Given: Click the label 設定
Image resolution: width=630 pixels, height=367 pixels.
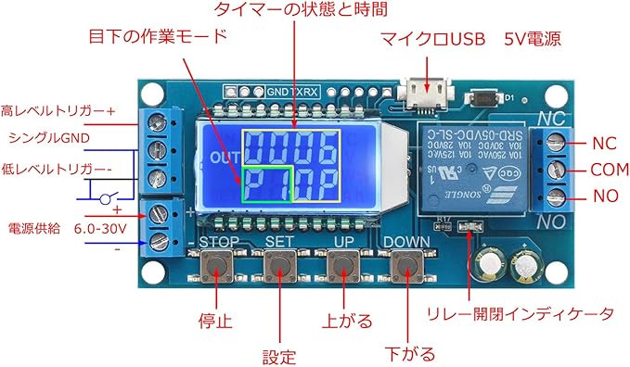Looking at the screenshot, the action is click(278, 354).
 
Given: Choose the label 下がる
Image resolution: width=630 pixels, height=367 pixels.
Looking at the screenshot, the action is click(409, 353).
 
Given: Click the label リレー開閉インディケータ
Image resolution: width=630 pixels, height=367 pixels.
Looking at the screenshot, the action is click(520, 313).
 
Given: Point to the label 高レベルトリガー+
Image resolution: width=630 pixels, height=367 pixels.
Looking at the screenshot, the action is click(58, 111).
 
